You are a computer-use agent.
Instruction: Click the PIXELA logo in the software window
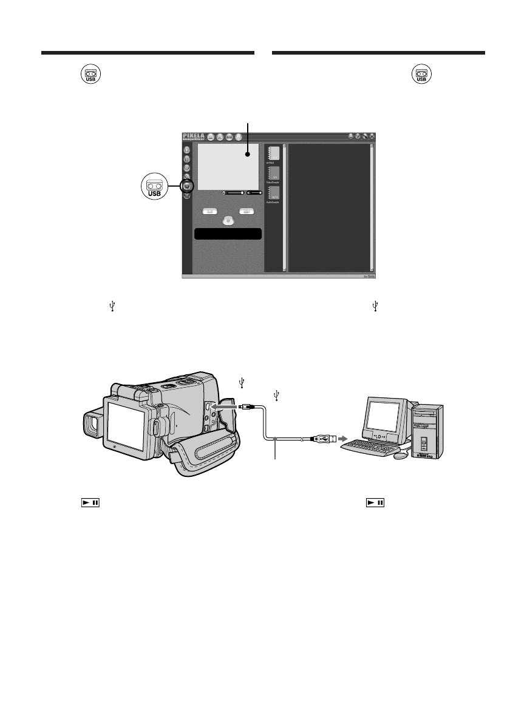(x=194, y=137)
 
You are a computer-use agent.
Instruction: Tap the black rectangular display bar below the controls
(x=227, y=234)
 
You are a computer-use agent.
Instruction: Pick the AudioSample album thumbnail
(x=274, y=195)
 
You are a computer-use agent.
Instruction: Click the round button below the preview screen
(x=227, y=220)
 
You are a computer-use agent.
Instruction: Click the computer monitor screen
(x=383, y=416)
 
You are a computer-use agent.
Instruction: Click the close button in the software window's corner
(x=372, y=137)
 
